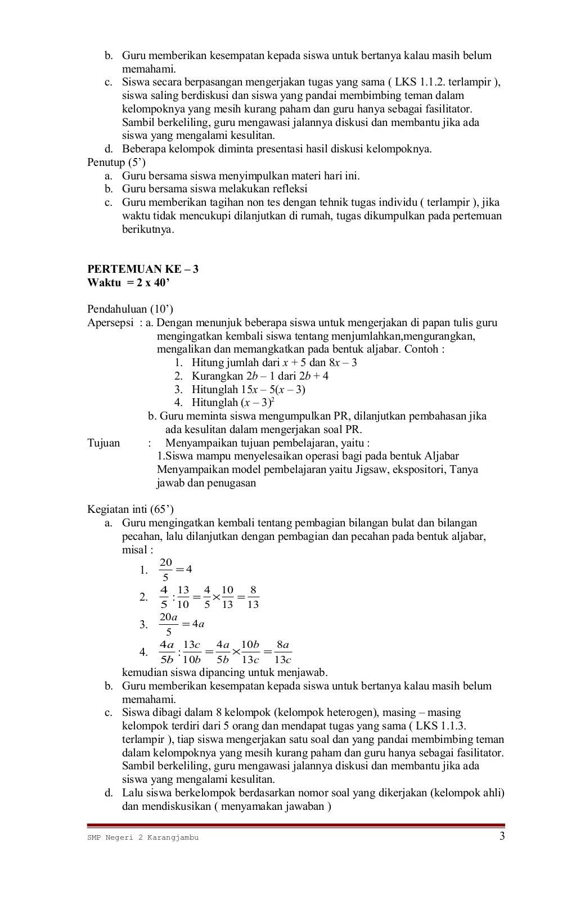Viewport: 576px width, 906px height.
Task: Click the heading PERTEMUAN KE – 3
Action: pos(142,269)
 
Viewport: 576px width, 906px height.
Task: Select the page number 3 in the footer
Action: pos(502,836)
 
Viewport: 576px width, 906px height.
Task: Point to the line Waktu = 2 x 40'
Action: pos(128,282)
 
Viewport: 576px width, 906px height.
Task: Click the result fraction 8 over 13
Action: pos(253,597)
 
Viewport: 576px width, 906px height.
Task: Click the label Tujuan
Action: pos(103,443)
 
